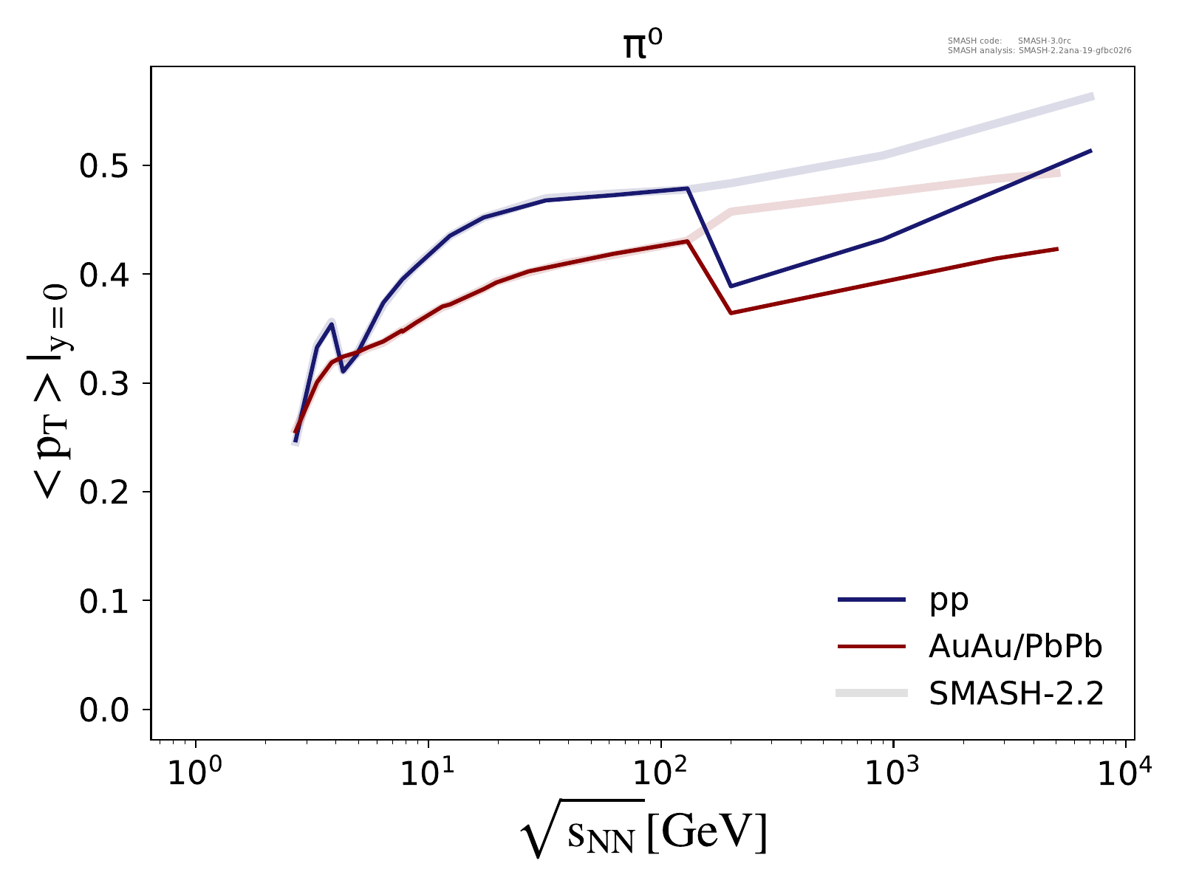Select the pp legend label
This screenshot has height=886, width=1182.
pos(949,600)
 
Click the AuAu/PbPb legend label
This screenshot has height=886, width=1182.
pos(1016,647)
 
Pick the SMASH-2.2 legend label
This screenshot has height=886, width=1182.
pos(1017,693)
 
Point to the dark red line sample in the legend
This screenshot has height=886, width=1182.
pos(872,647)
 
